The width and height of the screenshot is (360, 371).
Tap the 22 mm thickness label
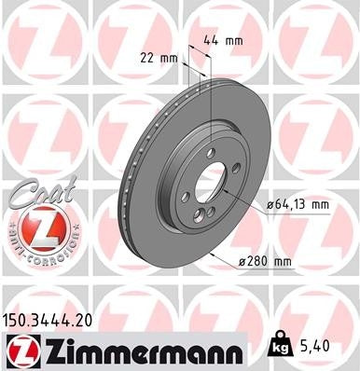coord(156,58)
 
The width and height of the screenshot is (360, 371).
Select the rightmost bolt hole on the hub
coord(236,168)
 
